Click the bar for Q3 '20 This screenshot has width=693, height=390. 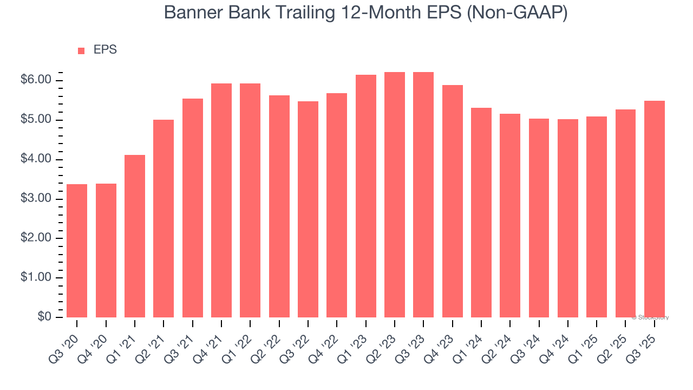tap(77, 251)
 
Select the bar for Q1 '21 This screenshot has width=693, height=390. tap(135, 236)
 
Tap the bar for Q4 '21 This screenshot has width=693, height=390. tap(221, 200)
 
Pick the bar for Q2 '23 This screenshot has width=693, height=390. tap(395, 195)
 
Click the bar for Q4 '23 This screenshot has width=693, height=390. tap(453, 201)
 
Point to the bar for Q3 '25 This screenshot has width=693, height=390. tap(655, 209)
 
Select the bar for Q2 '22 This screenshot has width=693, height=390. tap(279, 206)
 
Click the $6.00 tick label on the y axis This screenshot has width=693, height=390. tap(36, 80)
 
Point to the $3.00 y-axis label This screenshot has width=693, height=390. tap(36, 199)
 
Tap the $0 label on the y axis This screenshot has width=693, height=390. tap(44, 317)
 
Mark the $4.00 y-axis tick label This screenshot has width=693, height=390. tap(36, 159)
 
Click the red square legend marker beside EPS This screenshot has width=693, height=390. tap(81, 50)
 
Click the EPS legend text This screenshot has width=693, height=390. tap(105, 50)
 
